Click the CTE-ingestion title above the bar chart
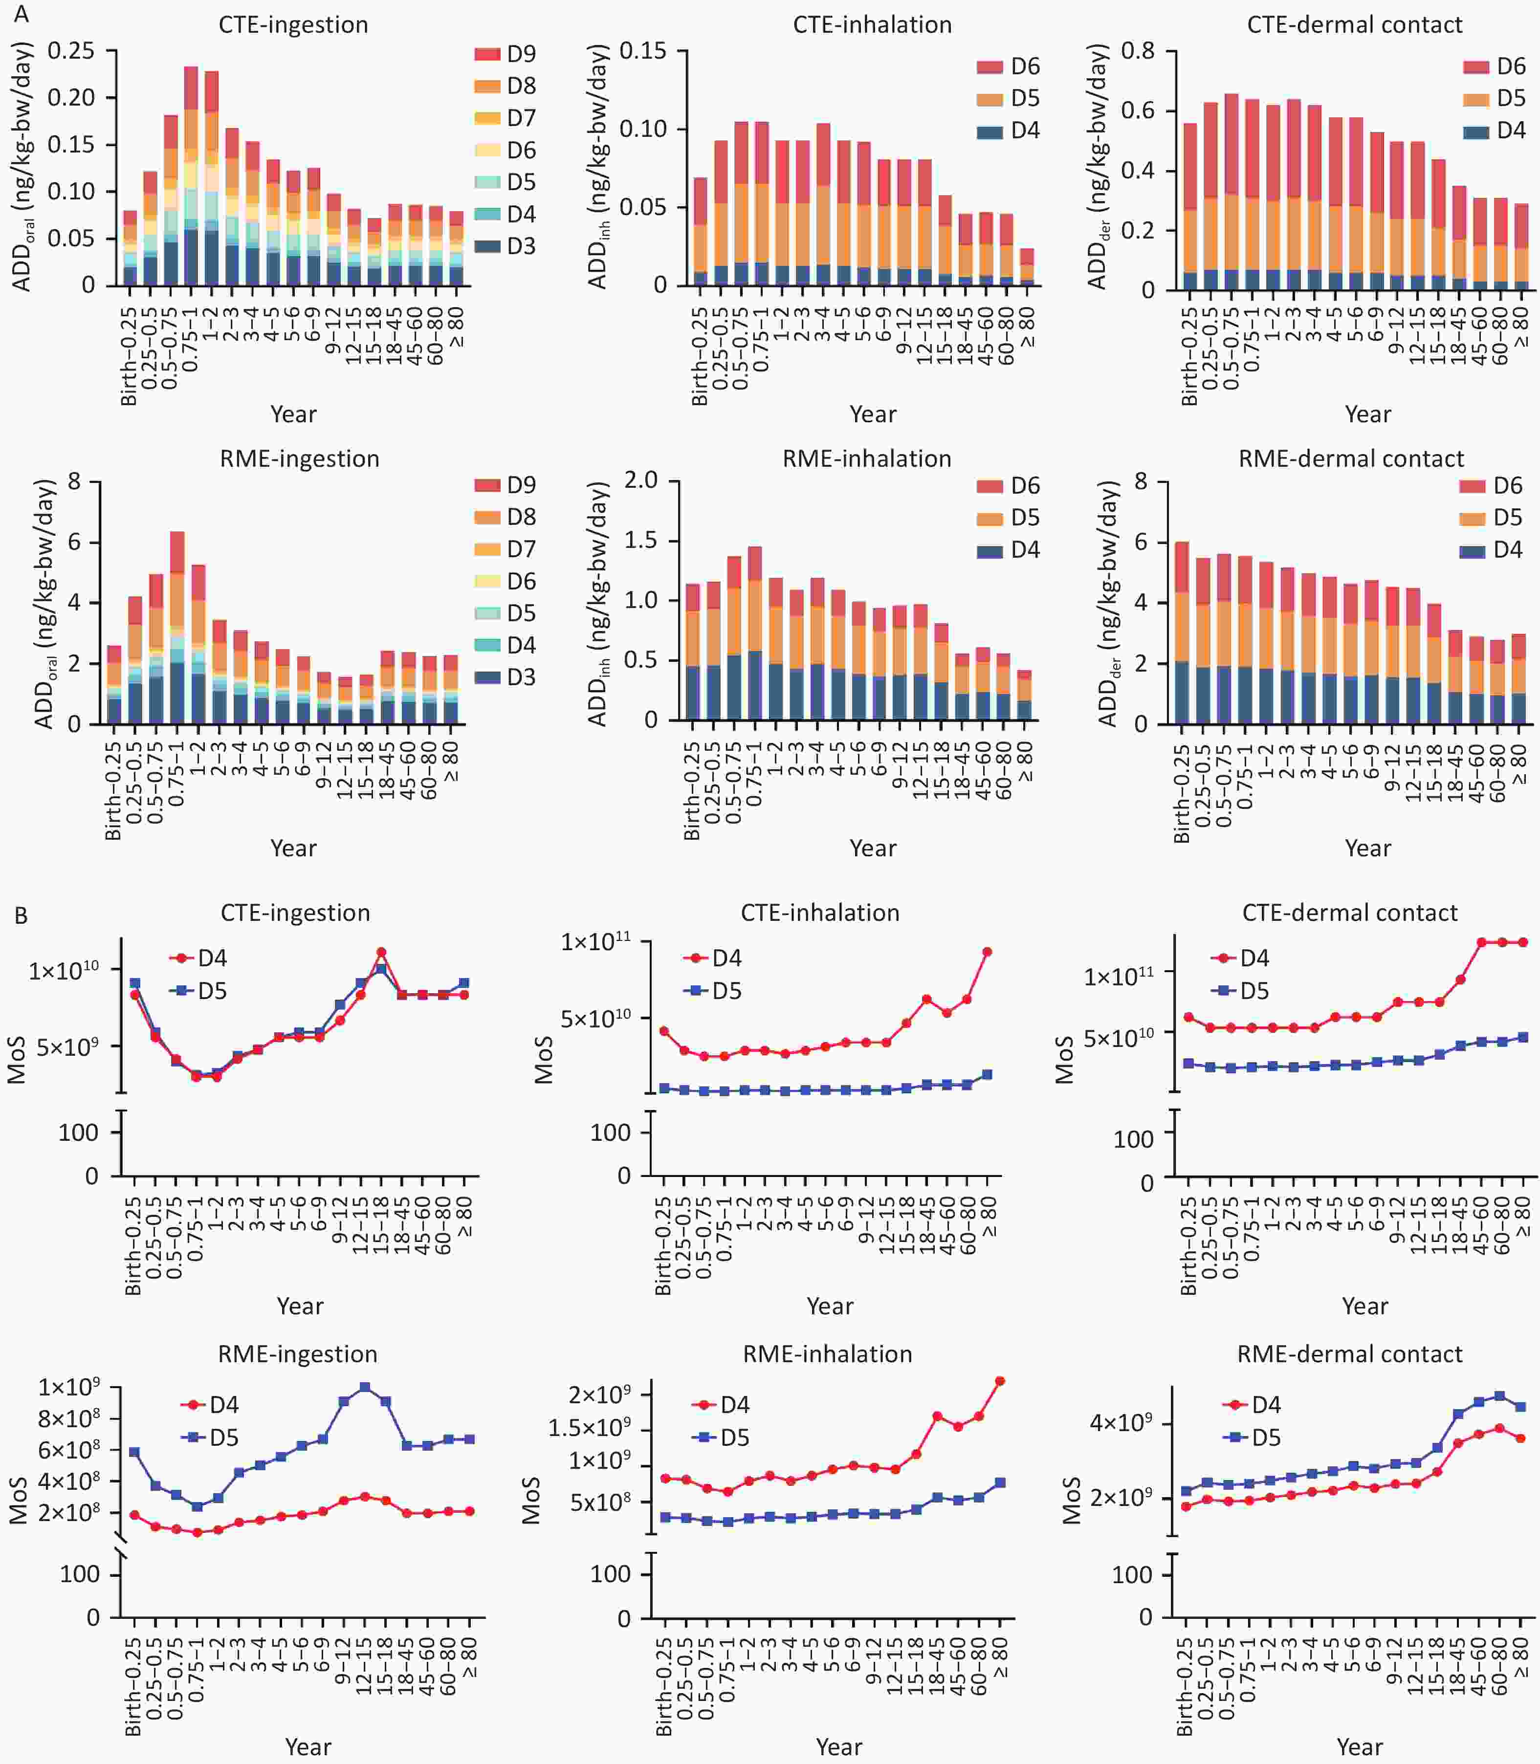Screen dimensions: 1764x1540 293,25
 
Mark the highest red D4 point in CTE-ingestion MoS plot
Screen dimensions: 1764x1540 381,952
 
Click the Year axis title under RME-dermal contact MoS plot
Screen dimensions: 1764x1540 1360,1747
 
